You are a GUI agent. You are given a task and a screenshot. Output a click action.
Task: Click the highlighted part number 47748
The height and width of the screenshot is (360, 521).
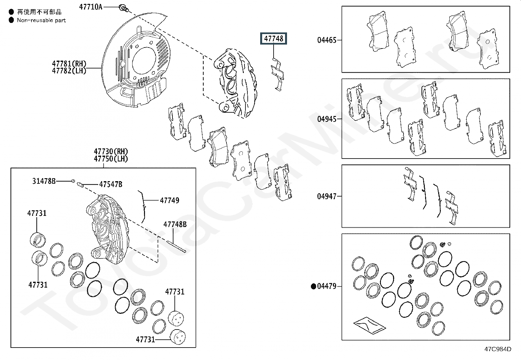pos(274,39)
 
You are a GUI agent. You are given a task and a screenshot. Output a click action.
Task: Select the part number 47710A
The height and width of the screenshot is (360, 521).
pos(91,7)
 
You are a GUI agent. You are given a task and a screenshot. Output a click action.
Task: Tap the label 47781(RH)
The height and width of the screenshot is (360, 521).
pos(69,63)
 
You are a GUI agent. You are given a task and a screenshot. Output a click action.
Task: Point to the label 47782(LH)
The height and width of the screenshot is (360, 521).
pos(69,70)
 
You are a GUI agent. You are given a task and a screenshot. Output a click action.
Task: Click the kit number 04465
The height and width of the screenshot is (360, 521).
pos(327,40)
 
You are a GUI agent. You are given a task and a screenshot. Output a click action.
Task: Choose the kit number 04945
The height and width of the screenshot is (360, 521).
pos(327,119)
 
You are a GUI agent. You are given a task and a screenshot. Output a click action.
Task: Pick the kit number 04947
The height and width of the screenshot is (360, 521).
pos(327,196)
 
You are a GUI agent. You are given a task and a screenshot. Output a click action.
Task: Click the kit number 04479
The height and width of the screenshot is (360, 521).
pos(327,286)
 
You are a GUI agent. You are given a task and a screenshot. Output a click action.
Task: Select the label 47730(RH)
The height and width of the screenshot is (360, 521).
pos(111,151)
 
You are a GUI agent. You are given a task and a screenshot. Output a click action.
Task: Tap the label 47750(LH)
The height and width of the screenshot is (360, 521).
pos(111,159)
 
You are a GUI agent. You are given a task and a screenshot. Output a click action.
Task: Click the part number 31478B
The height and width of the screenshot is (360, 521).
pos(44,181)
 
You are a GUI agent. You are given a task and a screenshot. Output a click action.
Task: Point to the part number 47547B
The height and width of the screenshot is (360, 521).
pos(111,184)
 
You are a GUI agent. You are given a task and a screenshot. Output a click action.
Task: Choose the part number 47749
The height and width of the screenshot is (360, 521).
pos(170,200)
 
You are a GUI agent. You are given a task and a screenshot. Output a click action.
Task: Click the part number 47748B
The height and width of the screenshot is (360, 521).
pos(175,224)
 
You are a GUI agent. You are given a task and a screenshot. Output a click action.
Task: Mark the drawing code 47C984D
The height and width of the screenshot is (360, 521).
pos(498,349)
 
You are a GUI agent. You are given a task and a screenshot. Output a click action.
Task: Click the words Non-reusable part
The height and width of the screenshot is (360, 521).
pos(41,20)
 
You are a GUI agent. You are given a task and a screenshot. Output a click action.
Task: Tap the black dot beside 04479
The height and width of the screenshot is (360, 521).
pos(313,287)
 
